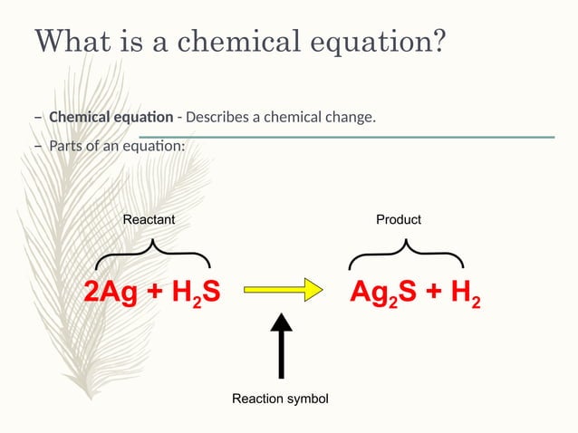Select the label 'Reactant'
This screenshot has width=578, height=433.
click(149, 220)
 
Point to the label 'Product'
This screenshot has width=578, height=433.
click(399, 220)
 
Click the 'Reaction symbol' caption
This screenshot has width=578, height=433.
click(280, 399)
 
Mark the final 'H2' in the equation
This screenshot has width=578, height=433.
click(465, 293)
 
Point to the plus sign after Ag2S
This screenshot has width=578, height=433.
click(432, 292)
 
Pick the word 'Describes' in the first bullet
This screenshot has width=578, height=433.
click(217, 118)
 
